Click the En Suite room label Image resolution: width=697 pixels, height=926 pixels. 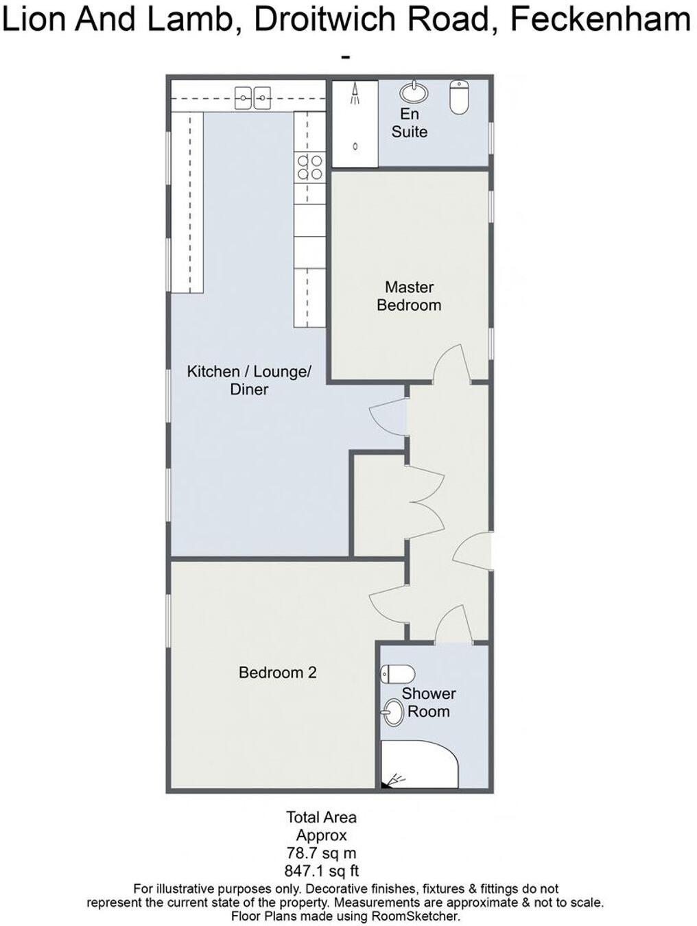410,123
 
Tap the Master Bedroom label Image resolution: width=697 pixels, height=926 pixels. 409,296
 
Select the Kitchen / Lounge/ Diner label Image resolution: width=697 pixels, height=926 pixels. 249,380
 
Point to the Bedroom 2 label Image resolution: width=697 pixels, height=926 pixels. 277,673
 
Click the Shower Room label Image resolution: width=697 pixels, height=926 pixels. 429,702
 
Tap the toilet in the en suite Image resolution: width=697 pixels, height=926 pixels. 459,96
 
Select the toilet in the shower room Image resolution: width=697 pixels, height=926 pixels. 397,673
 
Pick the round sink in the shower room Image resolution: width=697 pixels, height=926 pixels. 393,712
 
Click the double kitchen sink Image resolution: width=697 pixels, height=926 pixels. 253,98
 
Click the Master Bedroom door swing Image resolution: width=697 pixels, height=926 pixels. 451,364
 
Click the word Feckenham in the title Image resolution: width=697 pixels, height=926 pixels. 601,21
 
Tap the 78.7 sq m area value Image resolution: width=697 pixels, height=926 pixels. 321,854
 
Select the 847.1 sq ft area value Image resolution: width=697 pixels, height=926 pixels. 321,872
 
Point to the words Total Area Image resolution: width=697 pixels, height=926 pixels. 321,818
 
